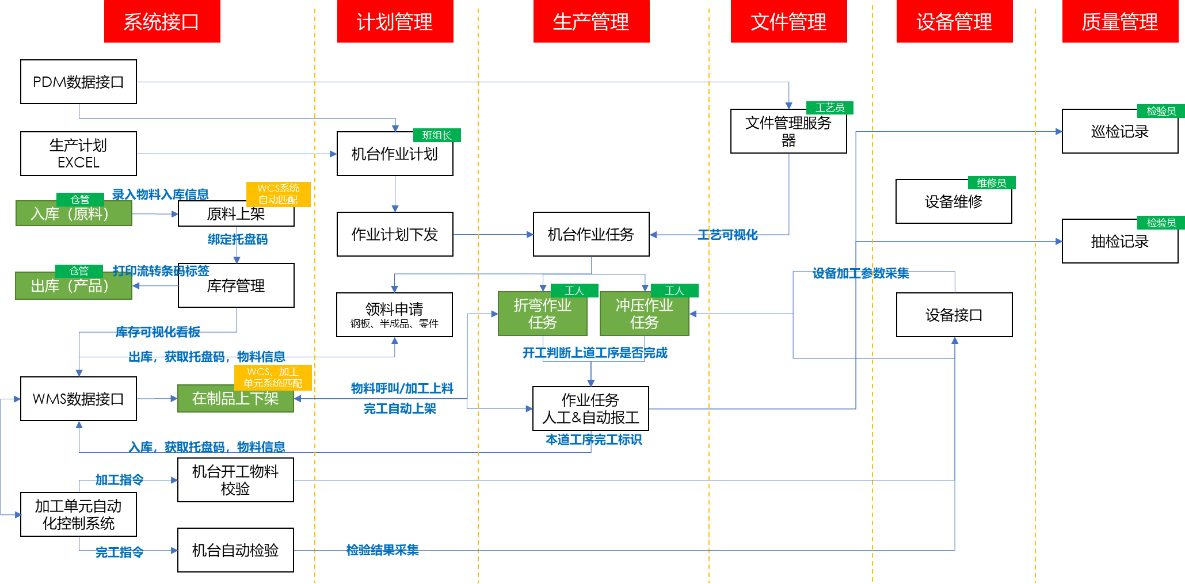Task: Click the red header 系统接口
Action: click(162, 21)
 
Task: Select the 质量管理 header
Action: click(1119, 21)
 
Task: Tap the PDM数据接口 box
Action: click(78, 82)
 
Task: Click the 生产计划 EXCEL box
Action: click(78, 154)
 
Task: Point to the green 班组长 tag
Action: click(437, 135)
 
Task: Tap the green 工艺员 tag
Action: click(829, 108)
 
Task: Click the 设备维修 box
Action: click(954, 202)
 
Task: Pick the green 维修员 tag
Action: click(992, 182)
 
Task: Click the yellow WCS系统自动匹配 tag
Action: click(279, 194)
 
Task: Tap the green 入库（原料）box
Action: click(73, 214)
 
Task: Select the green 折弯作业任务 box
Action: click(542, 314)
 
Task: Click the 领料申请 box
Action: click(394, 315)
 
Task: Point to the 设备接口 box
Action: click(954, 315)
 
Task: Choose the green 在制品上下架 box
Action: click(235, 399)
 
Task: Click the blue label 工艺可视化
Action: click(727, 235)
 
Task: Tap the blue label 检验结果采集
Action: click(382, 550)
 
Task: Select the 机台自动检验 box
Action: click(235, 550)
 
